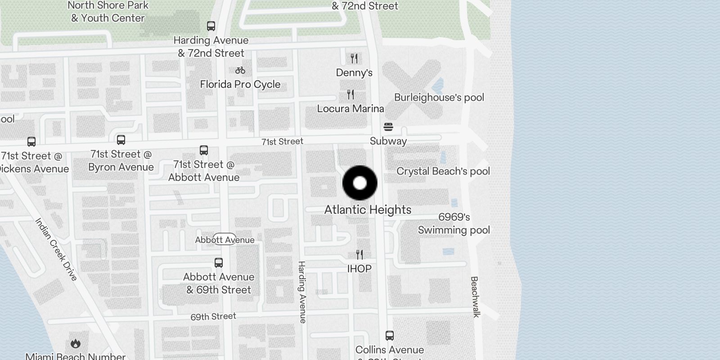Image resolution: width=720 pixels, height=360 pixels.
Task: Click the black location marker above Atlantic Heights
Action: click(x=360, y=183)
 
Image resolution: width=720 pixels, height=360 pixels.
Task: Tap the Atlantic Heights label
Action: click(x=368, y=210)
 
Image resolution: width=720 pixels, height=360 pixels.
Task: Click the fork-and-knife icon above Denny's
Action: click(x=354, y=58)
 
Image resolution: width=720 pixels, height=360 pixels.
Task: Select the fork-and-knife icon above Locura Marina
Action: click(x=351, y=94)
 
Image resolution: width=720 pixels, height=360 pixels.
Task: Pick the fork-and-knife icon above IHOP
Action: click(x=359, y=255)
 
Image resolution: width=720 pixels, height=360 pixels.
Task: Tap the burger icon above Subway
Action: click(x=388, y=127)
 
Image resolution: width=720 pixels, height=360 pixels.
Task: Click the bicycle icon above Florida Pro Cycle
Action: click(x=240, y=70)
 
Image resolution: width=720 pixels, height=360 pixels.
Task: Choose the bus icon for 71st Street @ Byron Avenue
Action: click(x=121, y=140)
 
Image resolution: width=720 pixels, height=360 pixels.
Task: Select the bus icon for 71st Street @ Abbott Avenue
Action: click(x=204, y=150)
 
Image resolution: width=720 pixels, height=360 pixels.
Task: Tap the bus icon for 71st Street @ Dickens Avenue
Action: click(x=31, y=142)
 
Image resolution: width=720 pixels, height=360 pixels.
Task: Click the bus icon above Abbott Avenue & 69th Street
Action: click(x=219, y=263)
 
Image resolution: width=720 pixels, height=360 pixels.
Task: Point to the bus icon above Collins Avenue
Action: click(x=390, y=336)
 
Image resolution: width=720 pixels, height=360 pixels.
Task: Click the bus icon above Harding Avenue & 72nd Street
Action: click(x=211, y=26)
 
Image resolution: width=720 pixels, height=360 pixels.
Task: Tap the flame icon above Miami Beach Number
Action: click(x=76, y=344)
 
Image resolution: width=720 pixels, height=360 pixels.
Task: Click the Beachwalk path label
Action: click(x=475, y=297)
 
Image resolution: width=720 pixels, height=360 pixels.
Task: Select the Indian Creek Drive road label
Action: click(x=56, y=249)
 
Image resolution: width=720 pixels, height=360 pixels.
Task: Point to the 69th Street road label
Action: click(x=213, y=316)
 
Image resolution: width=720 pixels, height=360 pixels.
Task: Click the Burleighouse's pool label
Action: click(x=439, y=98)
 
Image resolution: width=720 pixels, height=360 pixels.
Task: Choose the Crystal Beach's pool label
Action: click(x=443, y=171)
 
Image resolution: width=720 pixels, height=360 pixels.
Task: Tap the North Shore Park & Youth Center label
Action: click(x=108, y=12)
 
